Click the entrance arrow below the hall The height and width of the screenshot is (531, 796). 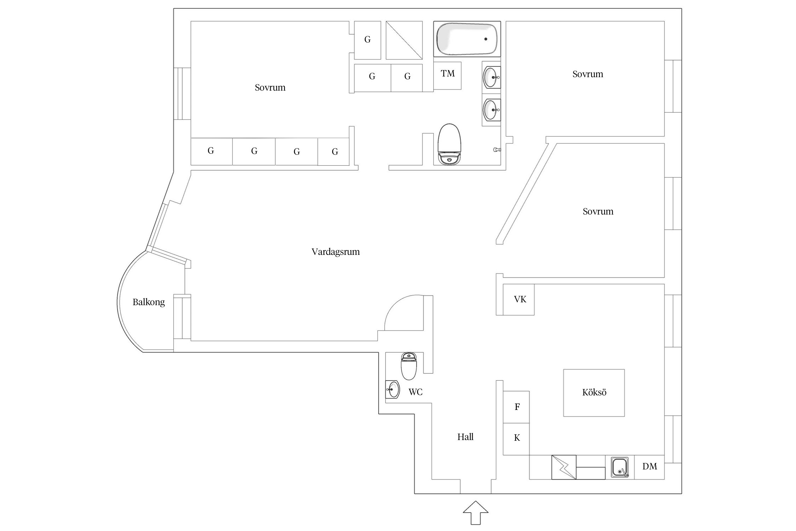[x=475, y=513]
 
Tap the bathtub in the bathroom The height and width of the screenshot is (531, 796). [x=467, y=39]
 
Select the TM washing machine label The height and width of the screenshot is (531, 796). [x=448, y=74]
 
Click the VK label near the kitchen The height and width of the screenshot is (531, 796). [x=520, y=299]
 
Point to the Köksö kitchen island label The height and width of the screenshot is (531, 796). [x=594, y=392]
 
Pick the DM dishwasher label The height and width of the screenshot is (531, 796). [x=650, y=467]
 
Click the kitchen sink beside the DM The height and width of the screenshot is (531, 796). [x=620, y=467]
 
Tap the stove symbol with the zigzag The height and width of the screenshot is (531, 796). [x=564, y=467]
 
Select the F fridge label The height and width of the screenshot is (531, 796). [x=517, y=407]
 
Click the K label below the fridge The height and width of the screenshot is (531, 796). [x=517, y=438]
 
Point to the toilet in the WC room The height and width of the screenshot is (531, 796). [x=409, y=366]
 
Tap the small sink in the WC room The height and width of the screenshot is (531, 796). [x=393, y=389]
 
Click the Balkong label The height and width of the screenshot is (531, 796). [x=149, y=302]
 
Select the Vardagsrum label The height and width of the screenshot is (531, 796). [x=336, y=252]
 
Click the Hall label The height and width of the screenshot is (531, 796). [x=465, y=437]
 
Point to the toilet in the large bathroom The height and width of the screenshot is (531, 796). [x=449, y=144]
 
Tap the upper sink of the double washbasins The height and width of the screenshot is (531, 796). [x=492, y=77]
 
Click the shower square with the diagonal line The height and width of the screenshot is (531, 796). [x=404, y=40]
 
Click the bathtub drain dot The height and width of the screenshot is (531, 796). [x=486, y=39]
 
